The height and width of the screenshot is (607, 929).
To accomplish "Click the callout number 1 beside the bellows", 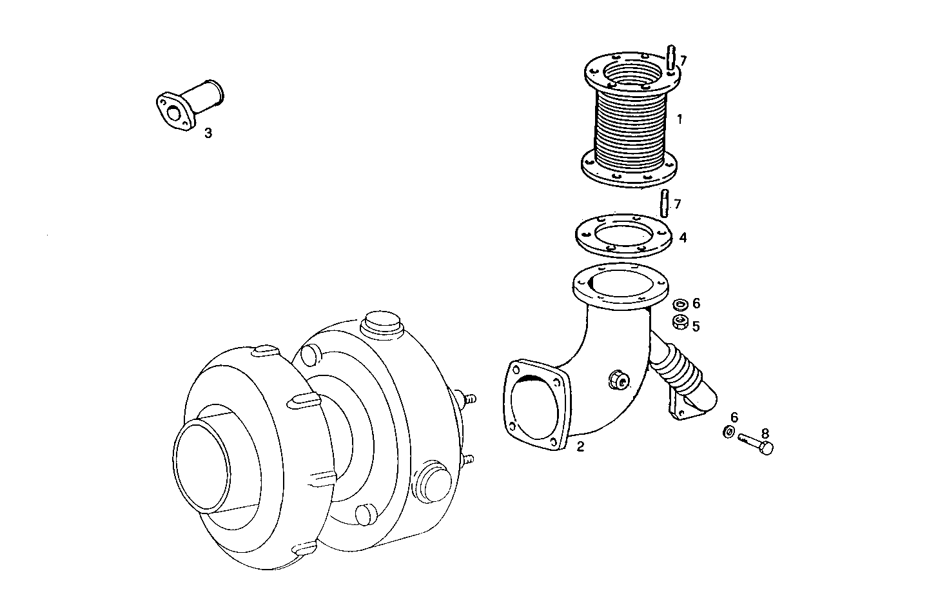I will tap(680, 119).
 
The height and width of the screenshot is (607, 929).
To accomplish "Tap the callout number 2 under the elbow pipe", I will tap(580, 446).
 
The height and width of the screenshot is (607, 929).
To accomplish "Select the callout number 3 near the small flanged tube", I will tap(208, 134).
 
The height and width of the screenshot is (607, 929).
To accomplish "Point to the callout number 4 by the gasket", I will tap(683, 238).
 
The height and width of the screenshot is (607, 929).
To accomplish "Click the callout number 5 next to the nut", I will tap(696, 326).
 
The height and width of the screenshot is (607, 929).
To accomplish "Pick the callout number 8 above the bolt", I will tap(765, 433).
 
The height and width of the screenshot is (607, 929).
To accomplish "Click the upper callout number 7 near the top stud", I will tap(683, 61).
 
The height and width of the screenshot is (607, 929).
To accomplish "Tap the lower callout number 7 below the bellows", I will tap(677, 204).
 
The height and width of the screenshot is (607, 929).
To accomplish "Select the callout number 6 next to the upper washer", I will tap(696, 303).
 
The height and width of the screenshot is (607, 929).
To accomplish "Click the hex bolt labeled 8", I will tap(756, 444).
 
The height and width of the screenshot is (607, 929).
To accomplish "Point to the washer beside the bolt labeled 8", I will tap(729, 432).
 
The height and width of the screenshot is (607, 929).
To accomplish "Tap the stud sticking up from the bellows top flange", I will tap(671, 57).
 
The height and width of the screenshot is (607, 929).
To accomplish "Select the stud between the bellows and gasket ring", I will tap(665, 203).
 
